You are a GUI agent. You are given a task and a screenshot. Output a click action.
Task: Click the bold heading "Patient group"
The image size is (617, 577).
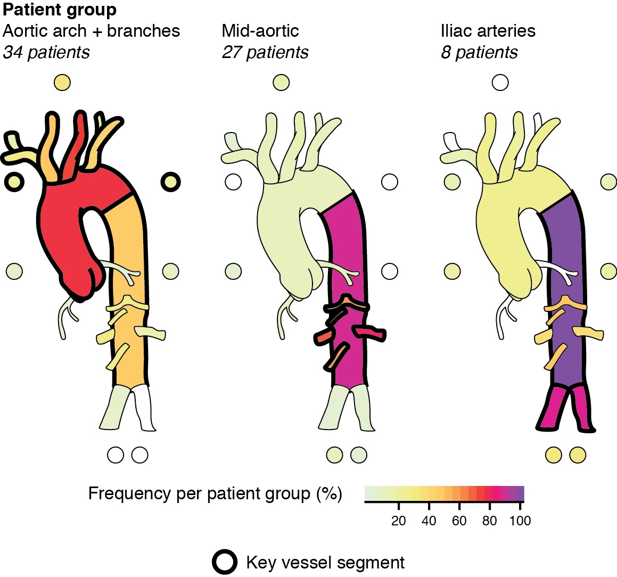coord(60,10)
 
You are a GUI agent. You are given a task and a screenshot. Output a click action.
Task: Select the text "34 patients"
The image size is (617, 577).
coord(46,52)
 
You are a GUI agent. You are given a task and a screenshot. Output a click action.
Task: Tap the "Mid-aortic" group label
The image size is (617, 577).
coord(260,31)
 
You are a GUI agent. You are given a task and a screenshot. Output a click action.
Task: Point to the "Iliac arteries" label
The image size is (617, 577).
coord(488,31)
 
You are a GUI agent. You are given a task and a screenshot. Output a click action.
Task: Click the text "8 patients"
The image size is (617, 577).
coord(479,52)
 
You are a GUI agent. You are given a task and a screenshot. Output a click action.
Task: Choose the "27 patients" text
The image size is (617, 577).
coord(265,52)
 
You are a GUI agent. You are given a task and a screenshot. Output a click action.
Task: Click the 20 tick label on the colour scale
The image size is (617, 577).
coord(398,521)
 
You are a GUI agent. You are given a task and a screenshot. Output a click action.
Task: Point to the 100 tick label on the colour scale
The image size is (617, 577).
coord(520,521)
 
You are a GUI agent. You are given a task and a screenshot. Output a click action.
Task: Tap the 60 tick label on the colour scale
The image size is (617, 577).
coord(459,521)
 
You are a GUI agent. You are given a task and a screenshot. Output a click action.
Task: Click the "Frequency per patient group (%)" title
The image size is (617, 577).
coord(215,493)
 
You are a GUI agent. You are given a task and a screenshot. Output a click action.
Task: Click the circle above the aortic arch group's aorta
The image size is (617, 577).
coord(62,83)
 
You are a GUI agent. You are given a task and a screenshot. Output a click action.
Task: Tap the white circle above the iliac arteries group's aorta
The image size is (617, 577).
coord(500,83)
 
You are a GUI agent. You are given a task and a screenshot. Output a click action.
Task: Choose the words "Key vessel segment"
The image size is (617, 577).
coord(325,562)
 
